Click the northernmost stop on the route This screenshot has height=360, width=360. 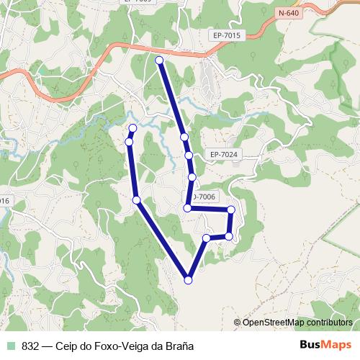point(159,60)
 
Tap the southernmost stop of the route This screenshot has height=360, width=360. point(189,280)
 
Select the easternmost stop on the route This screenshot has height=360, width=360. point(231,210)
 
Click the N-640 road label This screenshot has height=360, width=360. point(287,12)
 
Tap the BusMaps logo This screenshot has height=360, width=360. point(325,346)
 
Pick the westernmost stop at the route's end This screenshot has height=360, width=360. point(132,128)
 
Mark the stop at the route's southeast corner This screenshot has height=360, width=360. point(229,236)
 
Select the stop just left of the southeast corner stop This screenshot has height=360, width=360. point(207,238)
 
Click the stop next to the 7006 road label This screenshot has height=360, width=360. point(188,208)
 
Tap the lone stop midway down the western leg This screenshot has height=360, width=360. point(136,199)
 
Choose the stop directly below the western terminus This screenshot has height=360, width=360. point(129,142)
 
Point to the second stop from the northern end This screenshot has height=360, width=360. point(184,137)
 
